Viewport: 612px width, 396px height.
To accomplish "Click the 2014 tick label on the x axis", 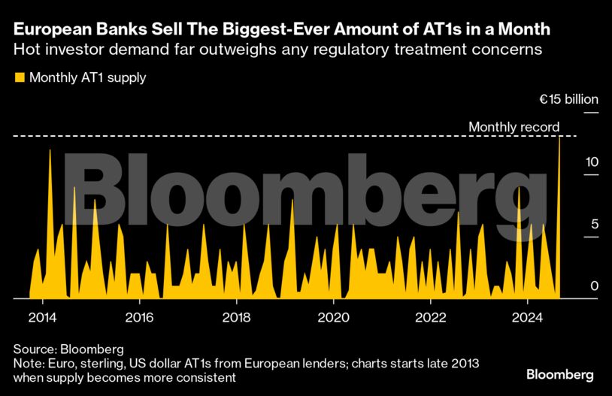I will (x=43, y=316).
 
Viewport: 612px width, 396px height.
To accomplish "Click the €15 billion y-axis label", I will (x=568, y=100).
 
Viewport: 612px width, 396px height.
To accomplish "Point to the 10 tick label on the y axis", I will (x=592, y=162).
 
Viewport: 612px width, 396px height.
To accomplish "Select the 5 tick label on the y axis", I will (x=595, y=224).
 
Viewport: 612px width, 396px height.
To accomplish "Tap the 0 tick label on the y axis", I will (x=595, y=286).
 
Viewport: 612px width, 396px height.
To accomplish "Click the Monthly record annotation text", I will (x=514, y=127).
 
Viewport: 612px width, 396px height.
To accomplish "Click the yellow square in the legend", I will (x=19, y=77).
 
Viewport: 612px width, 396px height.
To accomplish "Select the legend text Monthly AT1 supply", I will (x=87, y=77).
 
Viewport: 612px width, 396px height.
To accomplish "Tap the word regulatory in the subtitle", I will (x=361, y=51).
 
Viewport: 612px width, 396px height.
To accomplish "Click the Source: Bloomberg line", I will (x=68, y=349).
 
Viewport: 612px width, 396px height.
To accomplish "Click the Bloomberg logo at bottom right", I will (x=559, y=374).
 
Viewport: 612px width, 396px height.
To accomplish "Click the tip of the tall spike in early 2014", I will (x=50, y=150).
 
